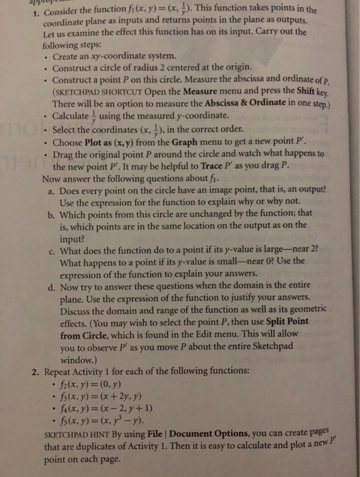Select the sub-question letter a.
coord(54,188)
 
